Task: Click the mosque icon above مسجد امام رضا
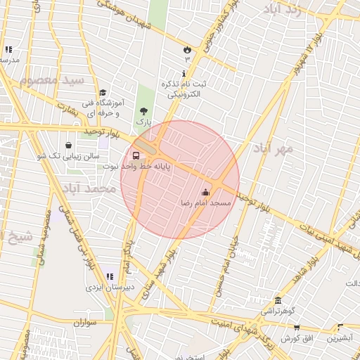(x=205, y=192)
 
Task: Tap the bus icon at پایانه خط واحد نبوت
(x=136, y=156)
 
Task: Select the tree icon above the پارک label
(x=144, y=111)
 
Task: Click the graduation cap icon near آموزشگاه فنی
(x=103, y=92)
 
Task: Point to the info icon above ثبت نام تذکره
(x=184, y=74)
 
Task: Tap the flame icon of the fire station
(x=187, y=49)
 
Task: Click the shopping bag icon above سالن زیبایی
(x=68, y=144)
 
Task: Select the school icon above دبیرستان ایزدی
(x=109, y=276)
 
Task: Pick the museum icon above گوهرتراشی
(x=278, y=300)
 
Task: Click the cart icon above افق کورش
(x=297, y=328)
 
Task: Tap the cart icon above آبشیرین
(x=340, y=328)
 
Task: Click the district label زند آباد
(x=285, y=9)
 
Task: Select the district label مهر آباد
(x=274, y=149)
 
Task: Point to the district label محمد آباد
(x=88, y=189)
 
